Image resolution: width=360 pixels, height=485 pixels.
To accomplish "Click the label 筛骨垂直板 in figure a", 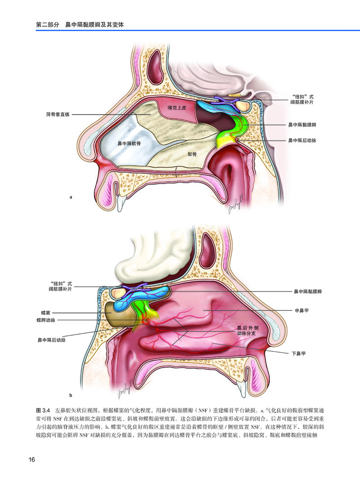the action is pos(58,115).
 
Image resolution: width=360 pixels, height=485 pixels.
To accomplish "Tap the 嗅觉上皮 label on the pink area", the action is pos(177,108).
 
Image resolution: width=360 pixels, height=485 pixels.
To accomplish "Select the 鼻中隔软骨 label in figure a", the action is pos(129,144).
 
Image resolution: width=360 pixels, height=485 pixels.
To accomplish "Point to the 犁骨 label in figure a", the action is pos(192,154).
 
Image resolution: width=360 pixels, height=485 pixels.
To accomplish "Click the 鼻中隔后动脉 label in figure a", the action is pos(302,141).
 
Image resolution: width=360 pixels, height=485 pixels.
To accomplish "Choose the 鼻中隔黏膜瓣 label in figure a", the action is pos(302,125).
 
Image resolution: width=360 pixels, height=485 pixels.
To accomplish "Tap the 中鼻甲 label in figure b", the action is pos(301,310).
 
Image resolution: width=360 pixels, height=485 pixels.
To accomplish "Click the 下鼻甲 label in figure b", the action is pos(298,354).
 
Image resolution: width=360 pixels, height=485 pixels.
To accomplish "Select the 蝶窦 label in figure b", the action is pos(45,313).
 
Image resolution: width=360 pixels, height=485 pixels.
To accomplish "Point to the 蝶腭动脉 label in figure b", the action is pos(46,320).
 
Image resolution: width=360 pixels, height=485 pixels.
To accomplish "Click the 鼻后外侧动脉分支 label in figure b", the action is pos(248,331).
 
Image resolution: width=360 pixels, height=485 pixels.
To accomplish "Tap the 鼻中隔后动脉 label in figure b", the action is pos(52,340).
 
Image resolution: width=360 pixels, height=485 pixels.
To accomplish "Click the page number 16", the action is pos(32,460).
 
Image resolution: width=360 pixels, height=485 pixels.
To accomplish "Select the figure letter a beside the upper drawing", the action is pos(71,197).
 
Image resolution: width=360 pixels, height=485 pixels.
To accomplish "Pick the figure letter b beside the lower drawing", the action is pos(71,395).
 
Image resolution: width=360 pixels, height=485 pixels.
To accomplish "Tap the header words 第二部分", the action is pos(47,25).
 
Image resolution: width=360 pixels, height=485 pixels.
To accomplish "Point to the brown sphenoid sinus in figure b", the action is pos(121,314).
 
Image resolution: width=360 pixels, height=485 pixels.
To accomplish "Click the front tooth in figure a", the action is pos(121,204).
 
